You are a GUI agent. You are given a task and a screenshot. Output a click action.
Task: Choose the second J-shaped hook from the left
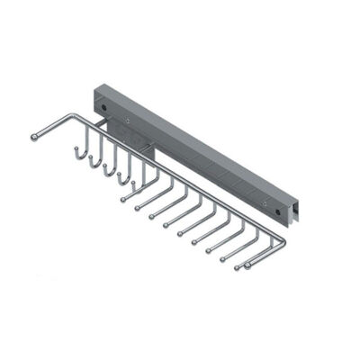click(x=90, y=164)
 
